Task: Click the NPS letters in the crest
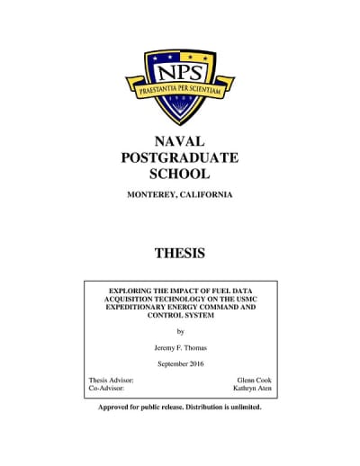click(x=180, y=69)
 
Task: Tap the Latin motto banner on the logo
click(x=180, y=90)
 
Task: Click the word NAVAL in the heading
click(x=180, y=141)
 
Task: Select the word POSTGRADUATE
click(x=180, y=157)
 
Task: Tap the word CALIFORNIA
click(x=209, y=195)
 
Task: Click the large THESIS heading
click(x=180, y=253)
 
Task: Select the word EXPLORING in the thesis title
click(x=131, y=291)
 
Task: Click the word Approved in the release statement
click(x=116, y=407)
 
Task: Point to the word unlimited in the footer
click(x=242, y=407)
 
